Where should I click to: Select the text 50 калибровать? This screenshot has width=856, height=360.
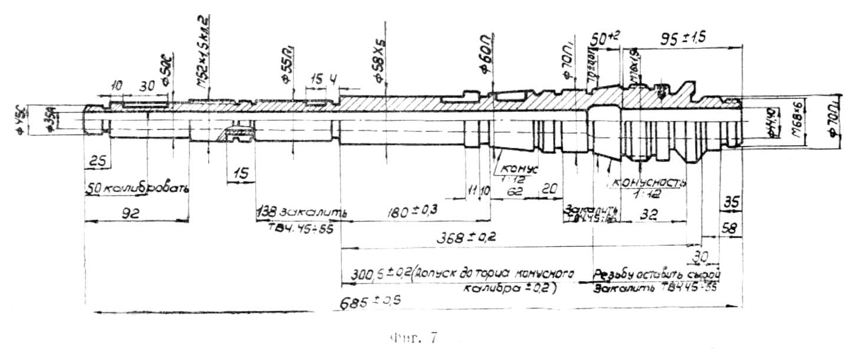coord(137,189)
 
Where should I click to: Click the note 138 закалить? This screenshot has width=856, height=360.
coord(301,212)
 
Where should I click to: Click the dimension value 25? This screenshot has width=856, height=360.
coord(96,161)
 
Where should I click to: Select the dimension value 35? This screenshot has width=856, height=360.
coord(730,202)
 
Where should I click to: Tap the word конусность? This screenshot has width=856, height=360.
coord(650,182)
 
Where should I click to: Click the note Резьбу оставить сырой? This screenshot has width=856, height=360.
coord(657,275)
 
